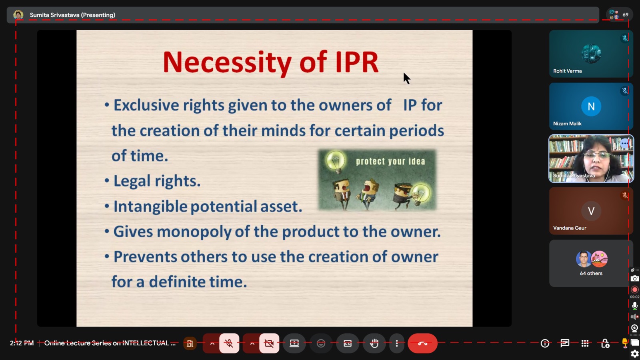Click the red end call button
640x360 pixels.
point(422,343)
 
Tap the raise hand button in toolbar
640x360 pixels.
point(374,343)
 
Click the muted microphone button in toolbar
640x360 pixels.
point(229,343)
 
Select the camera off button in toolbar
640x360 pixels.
point(269,343)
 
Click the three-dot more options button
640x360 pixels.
point(396,343)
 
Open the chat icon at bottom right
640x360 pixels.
point(564,343)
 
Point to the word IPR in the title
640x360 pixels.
point(357,62)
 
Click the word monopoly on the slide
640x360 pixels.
point(194,232)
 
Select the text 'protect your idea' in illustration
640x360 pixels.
point(390,162)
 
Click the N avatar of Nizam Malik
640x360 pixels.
point(591,106)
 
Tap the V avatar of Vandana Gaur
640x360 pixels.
point(591,211)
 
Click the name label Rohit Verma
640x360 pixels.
point(567,71)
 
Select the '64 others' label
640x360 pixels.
point(591,273)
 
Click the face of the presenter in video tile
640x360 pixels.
point(596,160)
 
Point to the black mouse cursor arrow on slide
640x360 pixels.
point(407,78)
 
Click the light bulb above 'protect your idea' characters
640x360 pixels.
point(336,162)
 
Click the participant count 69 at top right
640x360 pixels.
point(626,14)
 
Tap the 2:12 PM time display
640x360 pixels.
point(22,343)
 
